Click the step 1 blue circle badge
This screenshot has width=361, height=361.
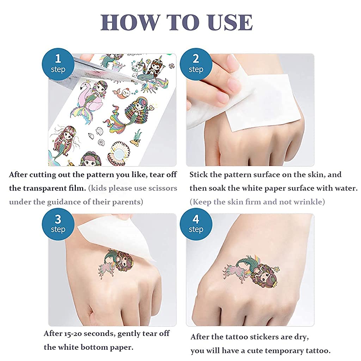(58, 63)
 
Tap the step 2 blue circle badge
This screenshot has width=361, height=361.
(196, 63)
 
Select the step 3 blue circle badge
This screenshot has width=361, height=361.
(58, 224)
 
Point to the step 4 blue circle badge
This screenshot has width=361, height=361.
(196, 224)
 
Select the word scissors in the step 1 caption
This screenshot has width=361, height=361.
(161, 188)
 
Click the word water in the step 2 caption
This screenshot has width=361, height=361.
(346, 188)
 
